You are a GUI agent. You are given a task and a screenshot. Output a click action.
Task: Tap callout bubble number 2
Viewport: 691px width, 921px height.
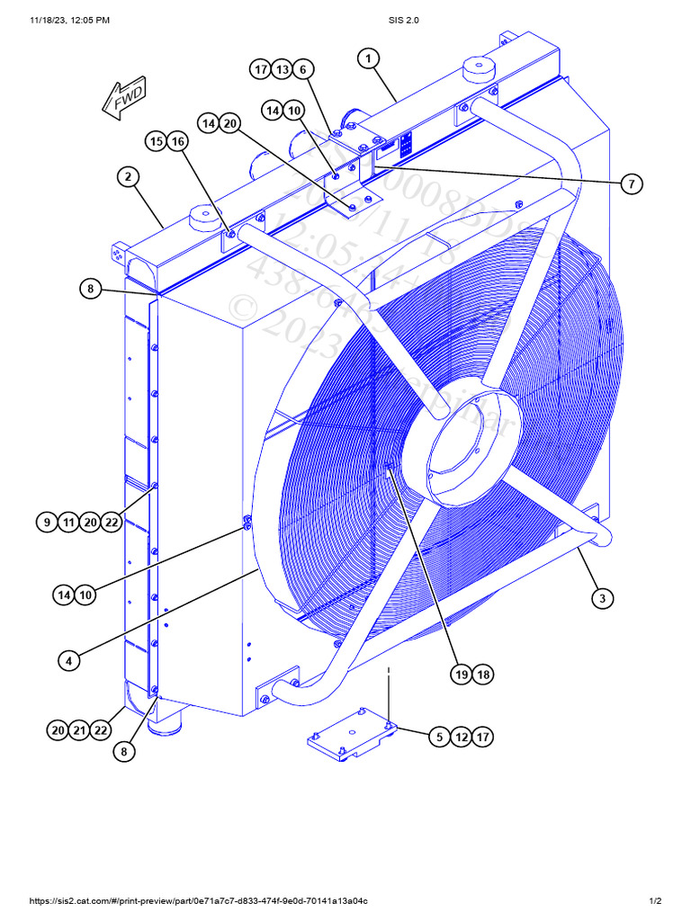click(x=129, y=176)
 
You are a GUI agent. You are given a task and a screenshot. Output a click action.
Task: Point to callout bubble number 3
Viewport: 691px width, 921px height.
click(x=602, y=597)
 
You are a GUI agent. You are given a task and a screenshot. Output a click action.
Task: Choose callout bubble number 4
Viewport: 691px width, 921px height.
click(x=69, y=659)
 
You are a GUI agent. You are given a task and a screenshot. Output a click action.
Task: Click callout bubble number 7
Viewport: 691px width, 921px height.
click(x=631, y=183)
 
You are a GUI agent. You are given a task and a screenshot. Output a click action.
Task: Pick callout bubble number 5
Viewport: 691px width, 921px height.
click(x=438, y=737)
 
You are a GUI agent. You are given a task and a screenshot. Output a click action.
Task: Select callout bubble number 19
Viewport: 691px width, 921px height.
click(x=462, y=675)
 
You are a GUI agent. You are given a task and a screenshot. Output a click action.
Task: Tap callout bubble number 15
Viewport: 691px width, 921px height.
click(x=157, y=141)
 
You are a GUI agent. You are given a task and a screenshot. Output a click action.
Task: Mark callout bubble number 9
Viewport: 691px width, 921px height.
click(x=48, y=522)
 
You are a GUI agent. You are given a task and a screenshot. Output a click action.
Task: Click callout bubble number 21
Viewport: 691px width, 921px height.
click(x=80, y=731)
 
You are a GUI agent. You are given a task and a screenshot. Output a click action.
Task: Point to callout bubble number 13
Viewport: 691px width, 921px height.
click(x=282, y=69)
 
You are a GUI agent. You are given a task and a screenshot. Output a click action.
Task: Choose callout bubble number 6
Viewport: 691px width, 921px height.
click(x=303, y=69)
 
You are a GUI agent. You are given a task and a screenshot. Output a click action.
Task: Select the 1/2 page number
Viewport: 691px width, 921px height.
click(x=655, y=901)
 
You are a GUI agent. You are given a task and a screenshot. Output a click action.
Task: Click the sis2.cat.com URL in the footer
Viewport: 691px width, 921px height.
click(x=199, y=901)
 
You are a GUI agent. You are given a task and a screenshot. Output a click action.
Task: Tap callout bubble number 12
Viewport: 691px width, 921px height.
click(x=461, y=737)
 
